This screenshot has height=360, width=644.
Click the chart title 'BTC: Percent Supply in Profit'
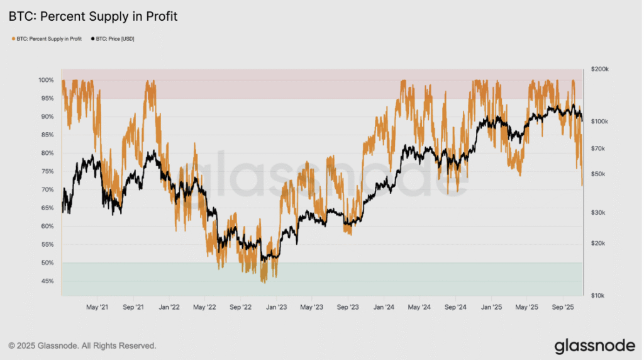click(x=93, y=16)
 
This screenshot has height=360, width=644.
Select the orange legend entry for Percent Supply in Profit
click(x=47, y=39)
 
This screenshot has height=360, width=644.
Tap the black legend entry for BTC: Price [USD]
click(x=113, y=39)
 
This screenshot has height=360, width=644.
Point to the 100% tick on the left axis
click(x=46, y=80)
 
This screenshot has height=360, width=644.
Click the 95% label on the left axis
click(x=47, y=98)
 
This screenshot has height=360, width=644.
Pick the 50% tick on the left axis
click(x=47, y=262)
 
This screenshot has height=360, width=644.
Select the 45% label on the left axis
click(x=47, y=281)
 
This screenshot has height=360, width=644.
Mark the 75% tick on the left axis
click(x=47, y=171)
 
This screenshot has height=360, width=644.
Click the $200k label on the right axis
click(x=599, y=69)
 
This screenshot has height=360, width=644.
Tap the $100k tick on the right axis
click(x=599, y=121)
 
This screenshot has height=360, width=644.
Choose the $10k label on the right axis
click(x=597, y=295)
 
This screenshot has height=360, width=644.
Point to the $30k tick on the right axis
click(x=597, y=213)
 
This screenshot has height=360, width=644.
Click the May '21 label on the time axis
click(x=97, y=307)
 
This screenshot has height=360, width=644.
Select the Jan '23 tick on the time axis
click(x=277, y=307)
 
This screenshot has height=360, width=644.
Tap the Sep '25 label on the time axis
click(x=563, y=307)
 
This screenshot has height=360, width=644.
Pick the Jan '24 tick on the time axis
click(x=384, y=307)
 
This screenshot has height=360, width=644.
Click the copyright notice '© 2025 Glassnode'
click(x=43, y=346)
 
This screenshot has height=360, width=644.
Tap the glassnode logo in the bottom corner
click(x=595, y=346)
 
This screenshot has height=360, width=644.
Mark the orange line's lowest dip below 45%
click(x=264, y=283)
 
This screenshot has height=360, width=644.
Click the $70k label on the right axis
click(x=597, y=149)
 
